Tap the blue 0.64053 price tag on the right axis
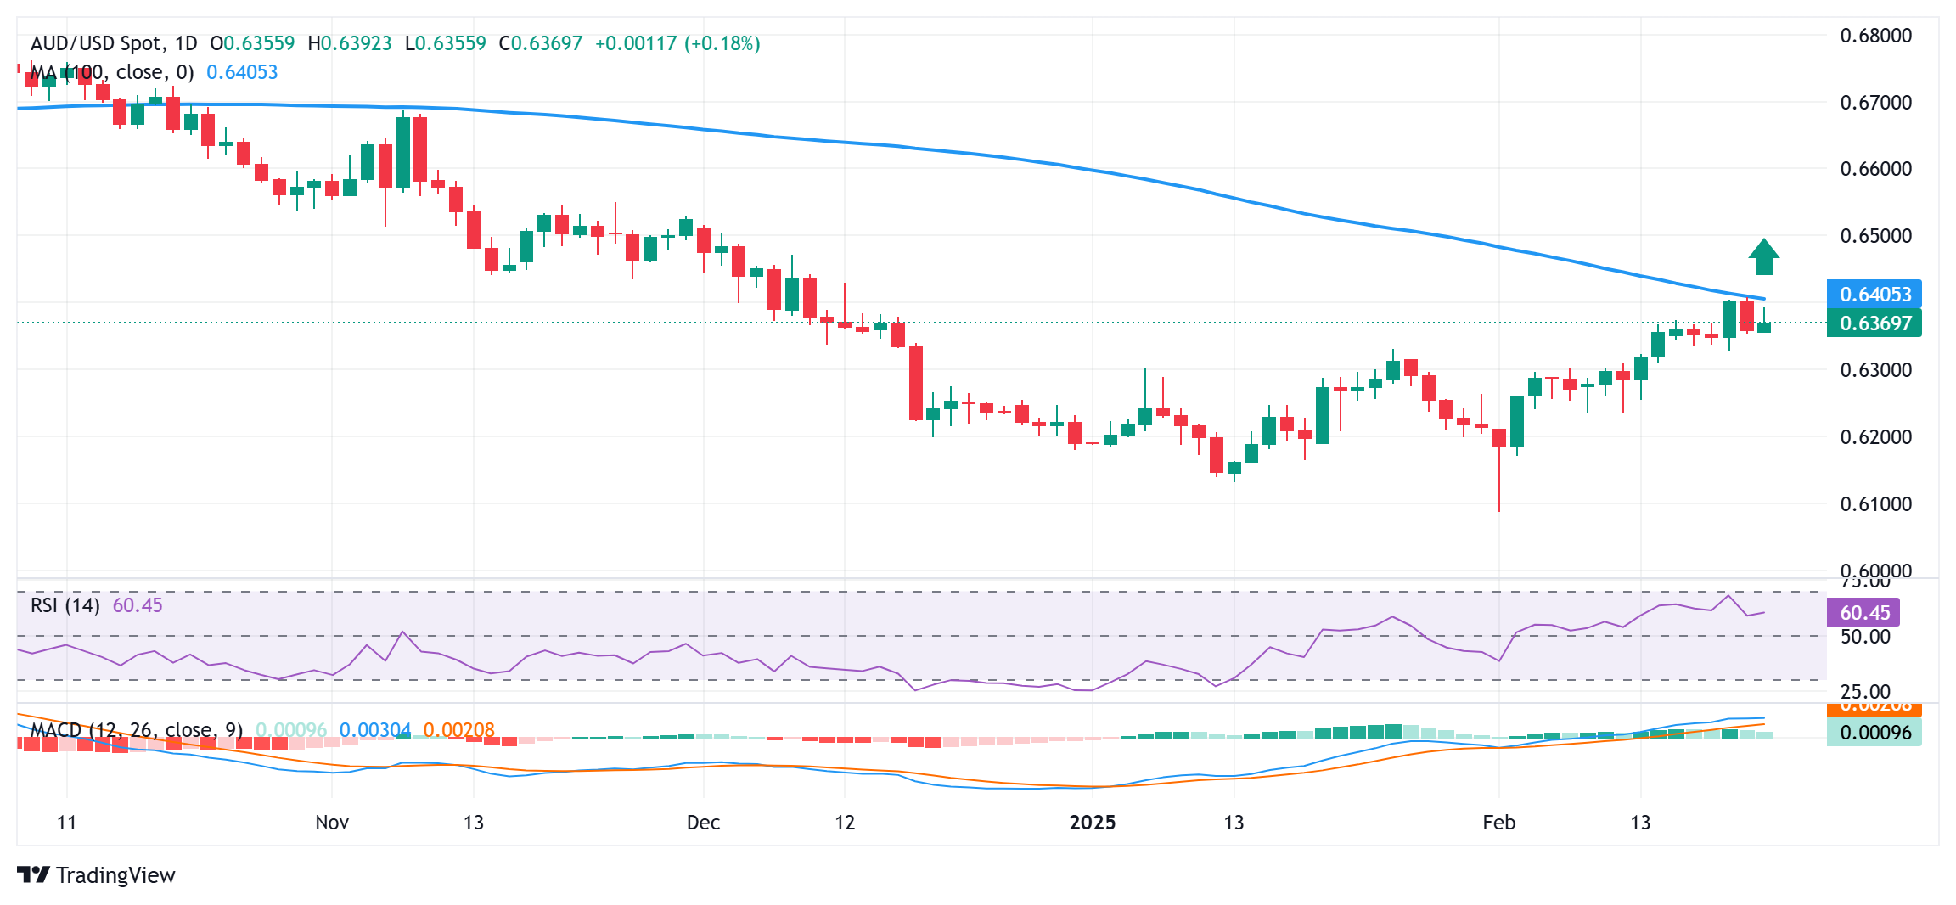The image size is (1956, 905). tap(1874, 295)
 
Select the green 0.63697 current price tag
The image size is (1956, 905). tap(1874, 323)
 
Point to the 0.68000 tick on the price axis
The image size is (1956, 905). tap(1875, 36)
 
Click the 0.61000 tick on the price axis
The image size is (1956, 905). tap(1875, 504)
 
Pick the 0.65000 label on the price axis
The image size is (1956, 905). tap(1875, 236)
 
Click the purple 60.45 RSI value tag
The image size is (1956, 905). tap(1863, 613)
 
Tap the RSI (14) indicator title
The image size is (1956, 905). tap(65, 605)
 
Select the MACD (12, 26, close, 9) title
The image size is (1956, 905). tap(137, 730)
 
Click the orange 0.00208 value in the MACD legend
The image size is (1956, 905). tap(458, 730)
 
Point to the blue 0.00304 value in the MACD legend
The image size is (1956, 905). tap(374, 730)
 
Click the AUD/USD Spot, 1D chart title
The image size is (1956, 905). tap(114, 43)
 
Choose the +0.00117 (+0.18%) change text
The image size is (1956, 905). tap(677, 43)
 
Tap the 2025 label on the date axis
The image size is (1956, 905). tap(1092, 823)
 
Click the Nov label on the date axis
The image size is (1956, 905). tap(331, 823)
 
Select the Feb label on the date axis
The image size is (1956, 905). tap(1498, 823)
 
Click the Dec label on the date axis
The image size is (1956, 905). tap(703, 823)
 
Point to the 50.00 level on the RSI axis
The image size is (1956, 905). tap(1864, 637)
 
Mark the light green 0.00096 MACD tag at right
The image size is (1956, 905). tap(1874, 733)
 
